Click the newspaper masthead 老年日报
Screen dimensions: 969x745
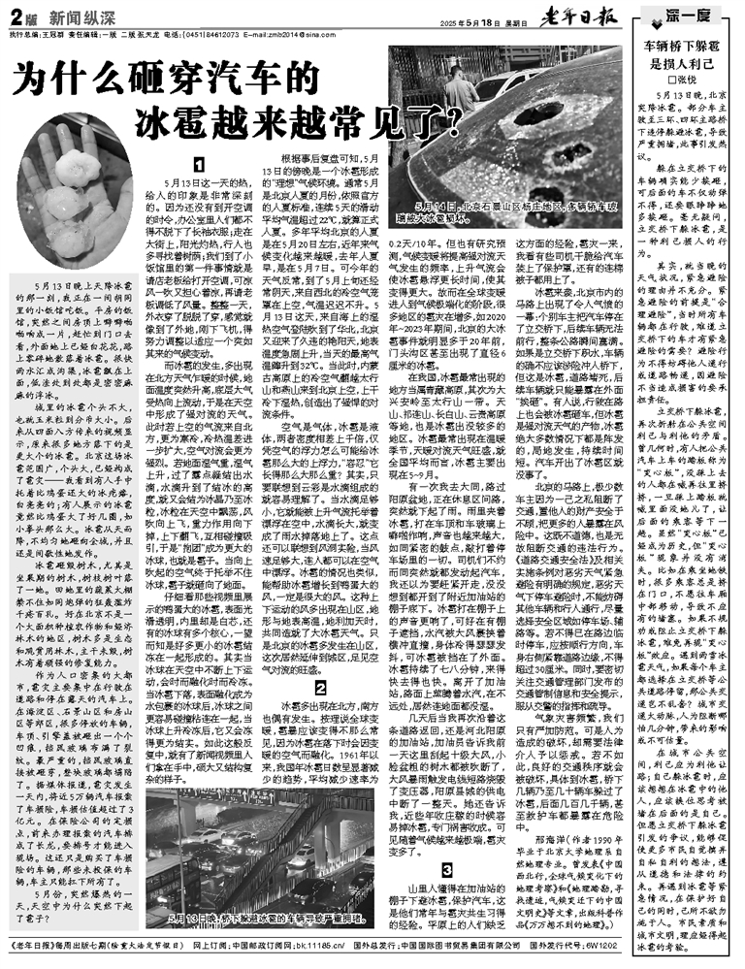(x=589, y=18)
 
